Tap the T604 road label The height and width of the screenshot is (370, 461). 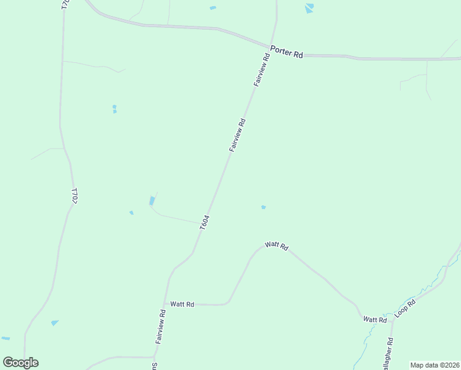[205, 223]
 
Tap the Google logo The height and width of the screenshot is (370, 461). [20, 363]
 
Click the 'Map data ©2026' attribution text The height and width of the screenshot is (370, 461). [434, 365]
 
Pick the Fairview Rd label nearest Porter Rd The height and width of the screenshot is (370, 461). [261, 69]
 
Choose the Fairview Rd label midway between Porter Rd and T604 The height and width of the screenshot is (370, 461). [237, 135]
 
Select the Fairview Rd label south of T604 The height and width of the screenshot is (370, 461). [160, 326]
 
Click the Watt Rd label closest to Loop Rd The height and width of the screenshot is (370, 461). [375, 319]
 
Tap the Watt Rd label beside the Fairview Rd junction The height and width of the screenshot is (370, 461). [182, 304]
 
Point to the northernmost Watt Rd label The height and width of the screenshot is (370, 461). [276, 245]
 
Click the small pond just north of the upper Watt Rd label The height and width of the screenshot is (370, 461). [263, 207]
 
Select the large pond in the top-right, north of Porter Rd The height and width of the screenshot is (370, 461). [309, 8]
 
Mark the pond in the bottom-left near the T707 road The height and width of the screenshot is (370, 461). [55, 323]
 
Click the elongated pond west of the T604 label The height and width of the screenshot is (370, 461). [152, 200]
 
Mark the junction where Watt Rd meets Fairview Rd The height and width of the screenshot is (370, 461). [165, 304]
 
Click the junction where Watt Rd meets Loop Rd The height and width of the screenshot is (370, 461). [390, 320]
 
